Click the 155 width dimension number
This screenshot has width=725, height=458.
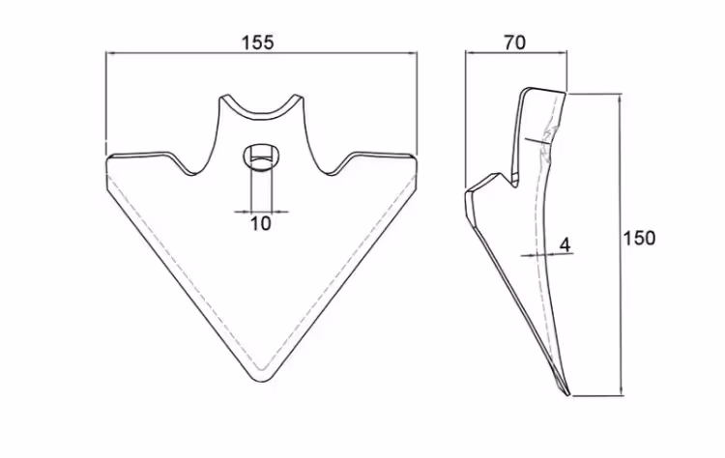click(x=258, y=43)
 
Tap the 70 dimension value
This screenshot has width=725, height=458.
click(x=514, y=43)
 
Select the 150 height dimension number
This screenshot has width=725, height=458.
click(x=640, y=238)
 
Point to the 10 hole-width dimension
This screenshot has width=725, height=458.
click(x=261, y=223)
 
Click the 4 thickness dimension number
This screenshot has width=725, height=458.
click(x=565, y=245)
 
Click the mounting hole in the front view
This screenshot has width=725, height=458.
click(x=261, y=158)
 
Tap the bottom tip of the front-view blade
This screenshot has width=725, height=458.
click(x=262, y=381)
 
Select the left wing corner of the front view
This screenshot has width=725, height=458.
click(x=107, y=159)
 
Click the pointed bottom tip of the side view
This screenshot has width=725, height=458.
click(x=568, y=394)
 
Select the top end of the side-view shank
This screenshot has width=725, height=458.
click(x=544, y=90)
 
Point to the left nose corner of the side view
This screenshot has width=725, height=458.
click(x=466, y=191)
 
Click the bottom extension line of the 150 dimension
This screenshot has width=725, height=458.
click(x=597, y=395)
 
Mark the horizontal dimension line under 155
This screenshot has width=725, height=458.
click(x=261, y=53)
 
